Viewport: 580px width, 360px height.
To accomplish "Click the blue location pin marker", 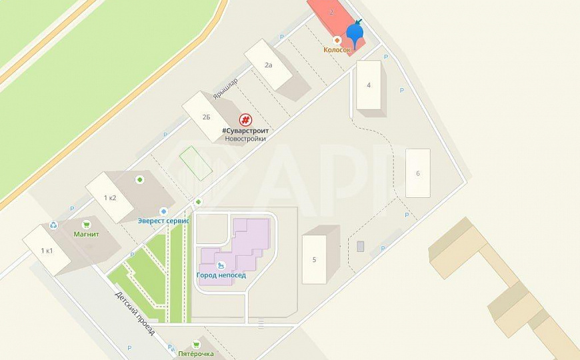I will coord(356,33).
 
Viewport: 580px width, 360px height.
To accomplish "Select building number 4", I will coord(369,85).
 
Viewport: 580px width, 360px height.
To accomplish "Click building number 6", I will coord(418,173).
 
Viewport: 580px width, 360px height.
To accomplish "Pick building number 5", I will coord(314,259).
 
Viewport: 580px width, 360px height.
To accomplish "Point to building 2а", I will coord(269,65).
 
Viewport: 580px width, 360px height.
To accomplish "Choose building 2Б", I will coord(207,117).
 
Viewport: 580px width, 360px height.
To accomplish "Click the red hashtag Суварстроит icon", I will coord(245,120).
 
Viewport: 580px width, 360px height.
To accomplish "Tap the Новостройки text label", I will coord(245,139).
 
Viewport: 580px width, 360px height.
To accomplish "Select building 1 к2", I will coord(110,197).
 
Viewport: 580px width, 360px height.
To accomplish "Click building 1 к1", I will coord(47,250).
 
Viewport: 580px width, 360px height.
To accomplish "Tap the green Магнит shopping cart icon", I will coord(86,225).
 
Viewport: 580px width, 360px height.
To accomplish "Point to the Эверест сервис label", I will coord(164,221).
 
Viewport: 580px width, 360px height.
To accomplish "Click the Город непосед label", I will coord(221,275).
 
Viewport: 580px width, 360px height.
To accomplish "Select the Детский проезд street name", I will coord(135,313).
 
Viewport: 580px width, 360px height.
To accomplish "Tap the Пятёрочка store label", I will coord(196,353).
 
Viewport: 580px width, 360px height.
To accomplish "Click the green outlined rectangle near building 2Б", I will coord(195,163).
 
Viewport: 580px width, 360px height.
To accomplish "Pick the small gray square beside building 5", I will coord(361,247).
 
